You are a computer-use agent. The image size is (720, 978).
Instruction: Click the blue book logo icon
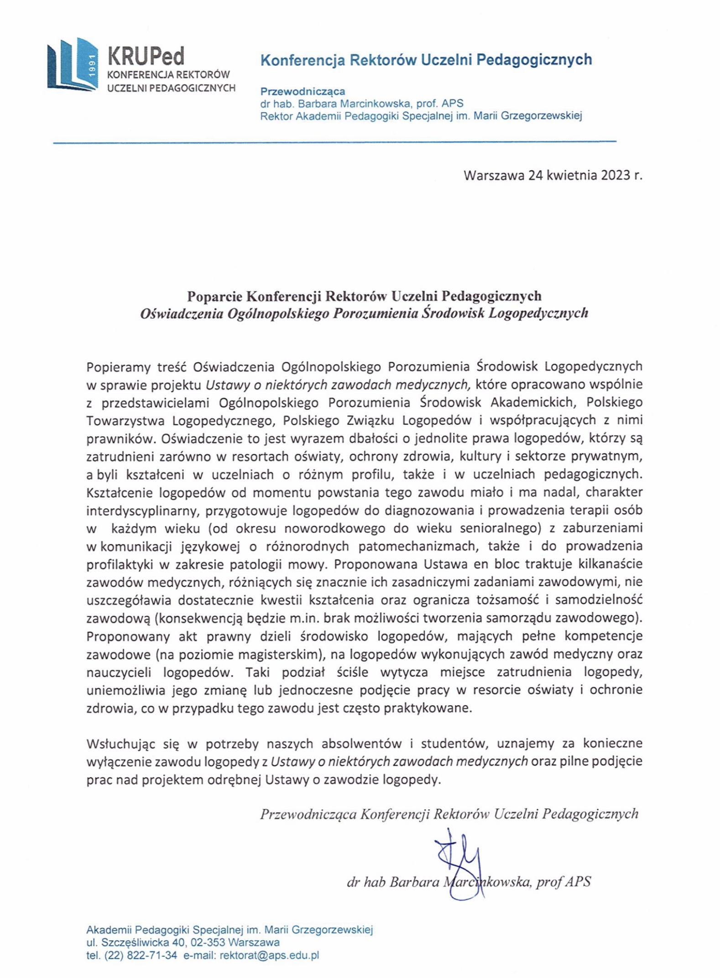pos(72,64)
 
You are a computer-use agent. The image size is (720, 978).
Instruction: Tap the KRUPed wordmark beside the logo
pos(146,57)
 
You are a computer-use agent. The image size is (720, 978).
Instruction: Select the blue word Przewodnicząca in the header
pos(303,91)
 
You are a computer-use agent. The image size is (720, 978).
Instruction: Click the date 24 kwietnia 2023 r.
pos(585,176)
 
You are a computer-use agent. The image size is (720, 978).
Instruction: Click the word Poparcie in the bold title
pos(215,296)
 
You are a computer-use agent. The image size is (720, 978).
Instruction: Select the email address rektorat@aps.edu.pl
pos(269,956)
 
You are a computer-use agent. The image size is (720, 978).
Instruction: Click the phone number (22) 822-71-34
pos(140,956)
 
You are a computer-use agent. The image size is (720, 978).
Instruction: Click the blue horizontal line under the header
pos(334,143)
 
